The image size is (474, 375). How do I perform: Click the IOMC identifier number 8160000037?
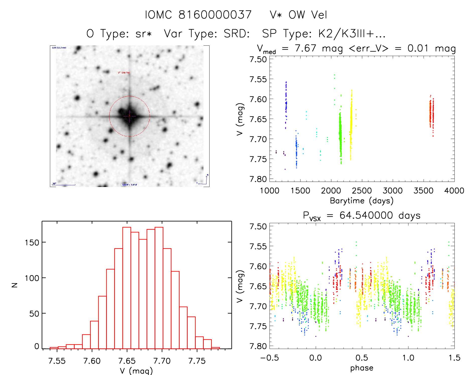pos(215,15)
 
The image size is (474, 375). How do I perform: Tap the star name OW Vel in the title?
pos(308,15)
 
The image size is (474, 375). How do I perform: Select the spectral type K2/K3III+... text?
pos(352,33)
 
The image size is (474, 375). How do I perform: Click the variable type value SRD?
pos(237,33)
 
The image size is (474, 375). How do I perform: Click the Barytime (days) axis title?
pos(362,201)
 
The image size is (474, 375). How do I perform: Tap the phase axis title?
pos(362,368)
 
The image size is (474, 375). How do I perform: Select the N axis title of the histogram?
pos(15,285)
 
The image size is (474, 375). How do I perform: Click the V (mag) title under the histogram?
pos(136,371)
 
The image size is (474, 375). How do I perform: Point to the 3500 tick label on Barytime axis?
pos(423,191)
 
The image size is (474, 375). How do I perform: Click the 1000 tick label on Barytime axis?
pos(269,191)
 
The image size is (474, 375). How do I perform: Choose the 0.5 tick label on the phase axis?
pos(362,358)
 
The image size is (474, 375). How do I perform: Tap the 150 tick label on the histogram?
pos(32,242)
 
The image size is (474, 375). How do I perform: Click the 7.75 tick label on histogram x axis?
pos(197,361)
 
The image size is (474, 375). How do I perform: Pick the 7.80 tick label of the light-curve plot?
pos(258,179)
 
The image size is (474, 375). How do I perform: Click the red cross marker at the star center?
pos(129,116)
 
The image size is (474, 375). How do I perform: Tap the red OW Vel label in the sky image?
pos(124,73)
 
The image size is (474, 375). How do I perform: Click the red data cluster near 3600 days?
pos(431,114)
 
